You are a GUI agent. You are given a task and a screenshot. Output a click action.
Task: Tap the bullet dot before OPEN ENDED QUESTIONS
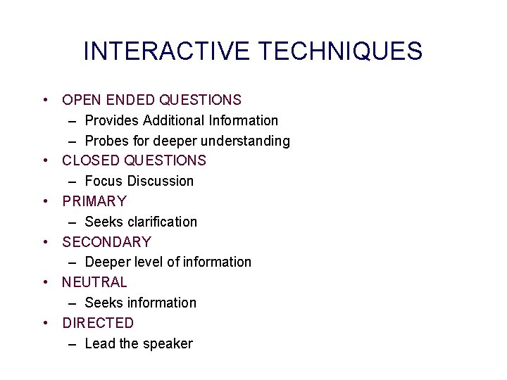(x=45, y=100)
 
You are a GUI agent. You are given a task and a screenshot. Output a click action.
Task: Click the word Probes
(x=107, y=141)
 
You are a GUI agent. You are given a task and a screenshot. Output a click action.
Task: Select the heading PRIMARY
(x=94, y=201)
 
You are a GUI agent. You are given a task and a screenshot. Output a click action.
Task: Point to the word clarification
(x=163, y=222)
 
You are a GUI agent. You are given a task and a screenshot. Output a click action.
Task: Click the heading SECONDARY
(x=106, y=242)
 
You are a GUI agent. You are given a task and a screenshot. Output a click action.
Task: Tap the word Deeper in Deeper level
(x=108, y=262)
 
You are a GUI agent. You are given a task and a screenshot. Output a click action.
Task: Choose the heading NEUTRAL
(x=94, y=282)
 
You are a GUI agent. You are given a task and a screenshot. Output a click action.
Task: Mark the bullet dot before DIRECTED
(x=45, y=323)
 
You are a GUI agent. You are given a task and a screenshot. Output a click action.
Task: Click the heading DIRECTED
(x=98, y=323)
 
